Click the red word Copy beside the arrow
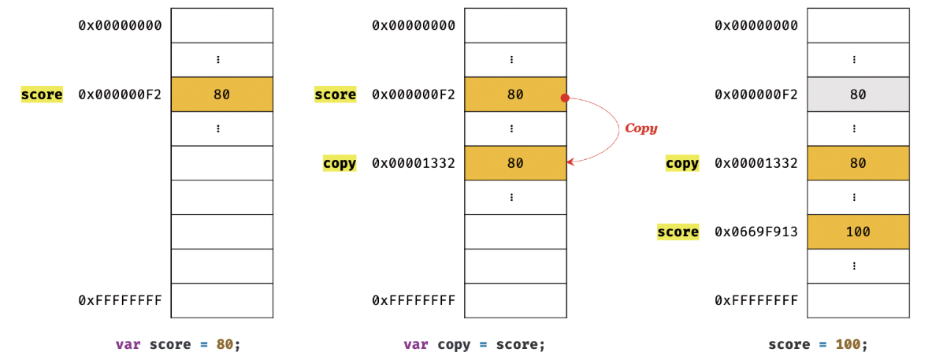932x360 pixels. [x=641, y=128]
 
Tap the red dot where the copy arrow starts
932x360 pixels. [x=565, y=98]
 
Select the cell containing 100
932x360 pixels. [x=858, y=232]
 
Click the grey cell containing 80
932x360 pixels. [x=858, y=95]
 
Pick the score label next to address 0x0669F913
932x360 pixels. [x=678, y=232]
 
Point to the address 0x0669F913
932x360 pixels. [x=756, y=232]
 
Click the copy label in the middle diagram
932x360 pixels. [x=340, y=164]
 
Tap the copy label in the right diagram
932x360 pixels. [x=682, y=164]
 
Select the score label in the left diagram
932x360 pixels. [x=42, y=95]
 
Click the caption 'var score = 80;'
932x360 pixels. [x=176, y=344]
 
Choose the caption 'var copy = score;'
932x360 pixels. [x=473, y=344]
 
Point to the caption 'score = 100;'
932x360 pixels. [x=818, y=344]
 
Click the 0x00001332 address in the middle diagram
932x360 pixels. [x=414, y=164]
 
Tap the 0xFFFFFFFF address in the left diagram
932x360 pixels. [x=120, y=300]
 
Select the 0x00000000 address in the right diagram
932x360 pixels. [x=756, y=25]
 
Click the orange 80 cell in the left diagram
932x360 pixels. [x=221, y=95]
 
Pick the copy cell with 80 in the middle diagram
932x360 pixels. [x=515, y=164]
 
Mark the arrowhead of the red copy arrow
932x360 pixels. [x=570, y=162]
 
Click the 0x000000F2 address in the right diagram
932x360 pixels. [x=756, y=95]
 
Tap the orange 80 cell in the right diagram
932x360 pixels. [x=858, y=164]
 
